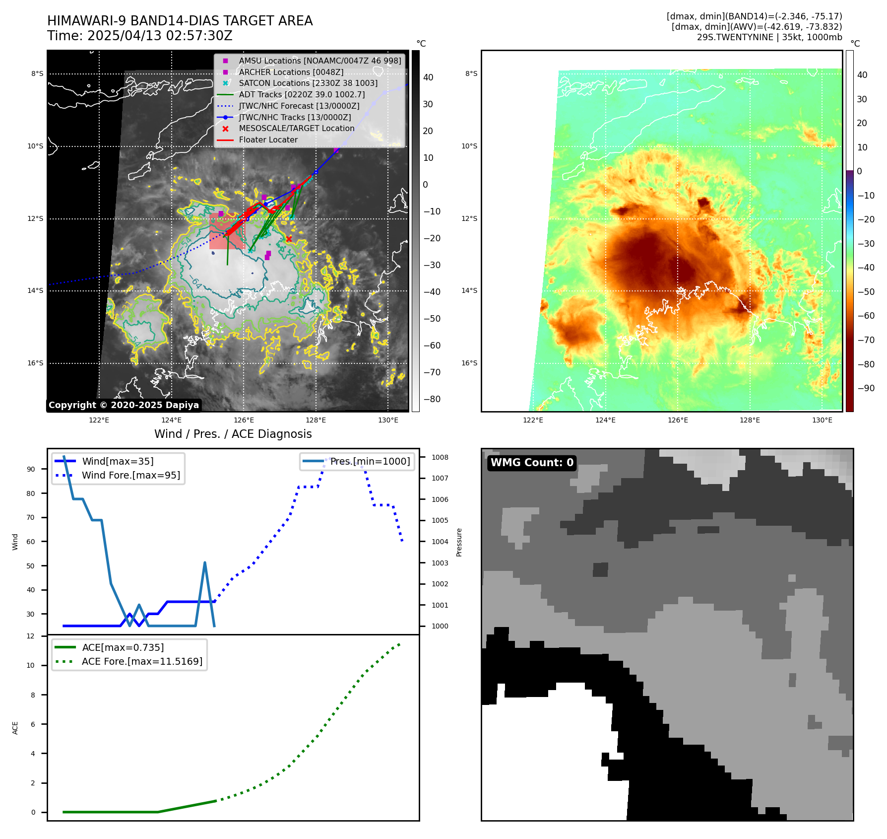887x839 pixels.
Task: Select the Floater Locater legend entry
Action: [x=268, y=140]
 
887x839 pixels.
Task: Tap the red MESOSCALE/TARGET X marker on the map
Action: [x=289, y=239]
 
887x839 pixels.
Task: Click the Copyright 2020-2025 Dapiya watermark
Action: [x=124, y=405]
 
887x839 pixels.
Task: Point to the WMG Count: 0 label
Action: [x=532, y=463]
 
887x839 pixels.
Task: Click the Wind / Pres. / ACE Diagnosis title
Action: [x=233, y=434]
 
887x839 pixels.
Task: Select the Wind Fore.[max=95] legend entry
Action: [x=131, y=475]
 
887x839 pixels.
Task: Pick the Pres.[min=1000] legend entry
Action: [x=370, y=461]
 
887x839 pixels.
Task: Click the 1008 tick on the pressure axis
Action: [x=440, y=457]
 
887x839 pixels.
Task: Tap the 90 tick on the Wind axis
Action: [x=31, y=469]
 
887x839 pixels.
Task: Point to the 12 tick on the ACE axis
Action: [x=31, y=636]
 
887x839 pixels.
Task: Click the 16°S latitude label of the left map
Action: [x=35, y=363]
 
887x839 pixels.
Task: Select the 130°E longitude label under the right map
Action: [x=822, y=420]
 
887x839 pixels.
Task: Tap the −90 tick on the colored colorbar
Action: [x=866, y=388]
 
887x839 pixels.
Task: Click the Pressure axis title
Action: [x=459, y=542]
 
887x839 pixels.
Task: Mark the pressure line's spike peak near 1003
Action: [x=205, y=562]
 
